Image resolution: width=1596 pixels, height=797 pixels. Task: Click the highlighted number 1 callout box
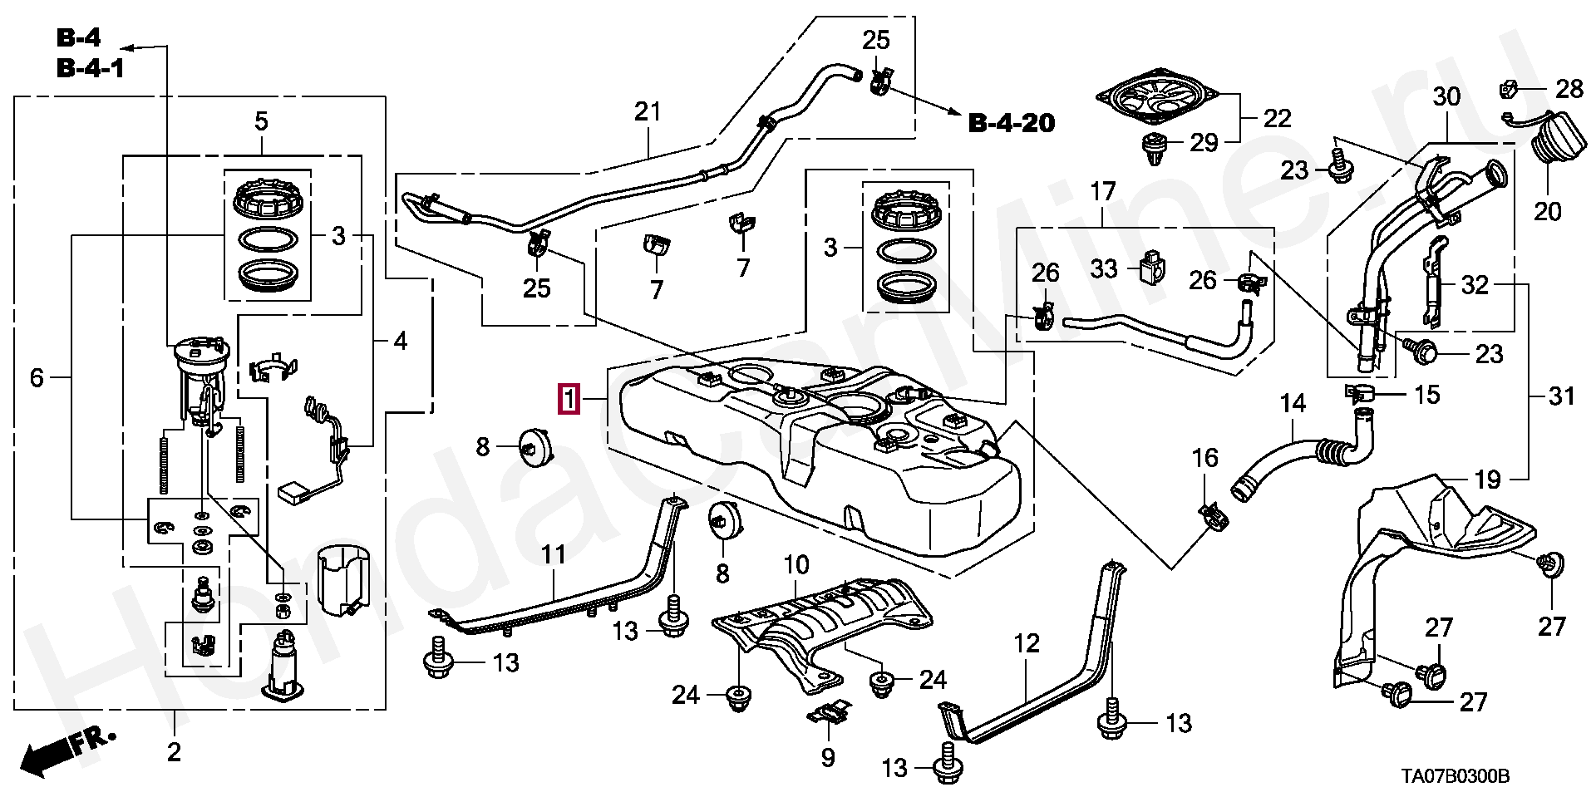click(569, 400)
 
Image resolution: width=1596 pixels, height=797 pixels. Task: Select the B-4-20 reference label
click(1012, 124)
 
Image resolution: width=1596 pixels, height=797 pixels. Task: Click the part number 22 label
click(1277, 119)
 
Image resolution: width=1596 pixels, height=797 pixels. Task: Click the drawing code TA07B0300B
click(1455, 777)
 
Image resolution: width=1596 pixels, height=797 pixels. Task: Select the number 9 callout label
click(827, 758)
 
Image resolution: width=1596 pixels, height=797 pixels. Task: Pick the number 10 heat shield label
click(796, 566)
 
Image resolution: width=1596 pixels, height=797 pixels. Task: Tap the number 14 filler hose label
click(1293, 404)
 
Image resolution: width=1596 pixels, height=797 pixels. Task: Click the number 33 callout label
click(1104, 268)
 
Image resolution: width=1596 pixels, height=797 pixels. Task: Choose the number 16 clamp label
click(1204, 458)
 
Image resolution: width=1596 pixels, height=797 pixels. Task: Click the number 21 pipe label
click(647, 111)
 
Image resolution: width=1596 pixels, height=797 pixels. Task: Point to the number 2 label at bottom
click(173, 752)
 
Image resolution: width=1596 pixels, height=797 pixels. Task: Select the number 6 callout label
click(37, 378)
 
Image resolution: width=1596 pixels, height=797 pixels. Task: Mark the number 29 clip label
click(1203, 143)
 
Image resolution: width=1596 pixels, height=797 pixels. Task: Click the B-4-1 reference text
click(91, 67)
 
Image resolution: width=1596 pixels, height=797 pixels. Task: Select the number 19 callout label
click(1488, 480)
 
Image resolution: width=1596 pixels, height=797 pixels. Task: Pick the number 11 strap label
click(554, 554)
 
